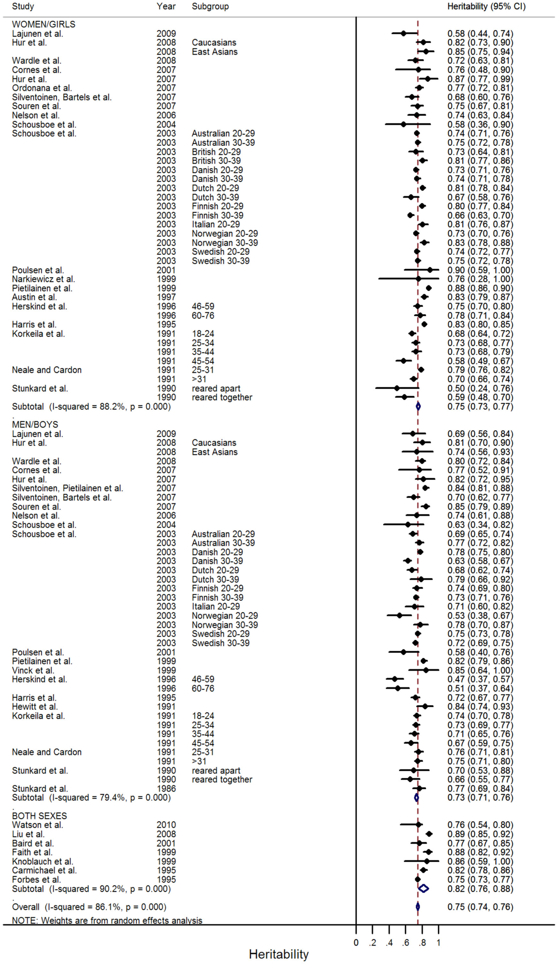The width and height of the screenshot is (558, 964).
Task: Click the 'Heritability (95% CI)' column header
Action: [486, 7]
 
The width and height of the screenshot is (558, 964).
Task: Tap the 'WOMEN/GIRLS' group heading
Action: [44, 24]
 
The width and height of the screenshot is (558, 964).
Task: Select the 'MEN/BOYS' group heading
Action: [35, 425]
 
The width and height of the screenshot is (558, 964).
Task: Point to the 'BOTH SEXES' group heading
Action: [39, 816]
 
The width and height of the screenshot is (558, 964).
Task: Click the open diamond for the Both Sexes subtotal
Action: [423, 888]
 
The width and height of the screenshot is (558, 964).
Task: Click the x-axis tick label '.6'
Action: [405, 943]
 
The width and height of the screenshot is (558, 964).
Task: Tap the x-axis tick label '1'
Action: [439, 943]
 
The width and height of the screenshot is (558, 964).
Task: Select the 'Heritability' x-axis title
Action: [279, 954]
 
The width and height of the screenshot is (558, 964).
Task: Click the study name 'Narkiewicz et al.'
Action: [43, 279]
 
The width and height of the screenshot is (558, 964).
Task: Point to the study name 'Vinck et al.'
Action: [33, 671]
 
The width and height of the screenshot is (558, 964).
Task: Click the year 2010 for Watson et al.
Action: [166, 825]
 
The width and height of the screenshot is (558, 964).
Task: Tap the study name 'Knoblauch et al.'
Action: [42, 861]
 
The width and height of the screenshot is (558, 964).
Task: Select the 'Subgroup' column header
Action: [210, 7]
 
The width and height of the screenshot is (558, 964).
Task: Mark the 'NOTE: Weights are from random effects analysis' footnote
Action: [107, 920]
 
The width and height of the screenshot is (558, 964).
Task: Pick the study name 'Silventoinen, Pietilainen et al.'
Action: [67, 488]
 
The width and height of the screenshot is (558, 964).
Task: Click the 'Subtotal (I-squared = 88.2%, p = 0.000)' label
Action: [91, 406]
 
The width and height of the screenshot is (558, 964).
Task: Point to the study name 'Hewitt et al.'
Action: [35, 707]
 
